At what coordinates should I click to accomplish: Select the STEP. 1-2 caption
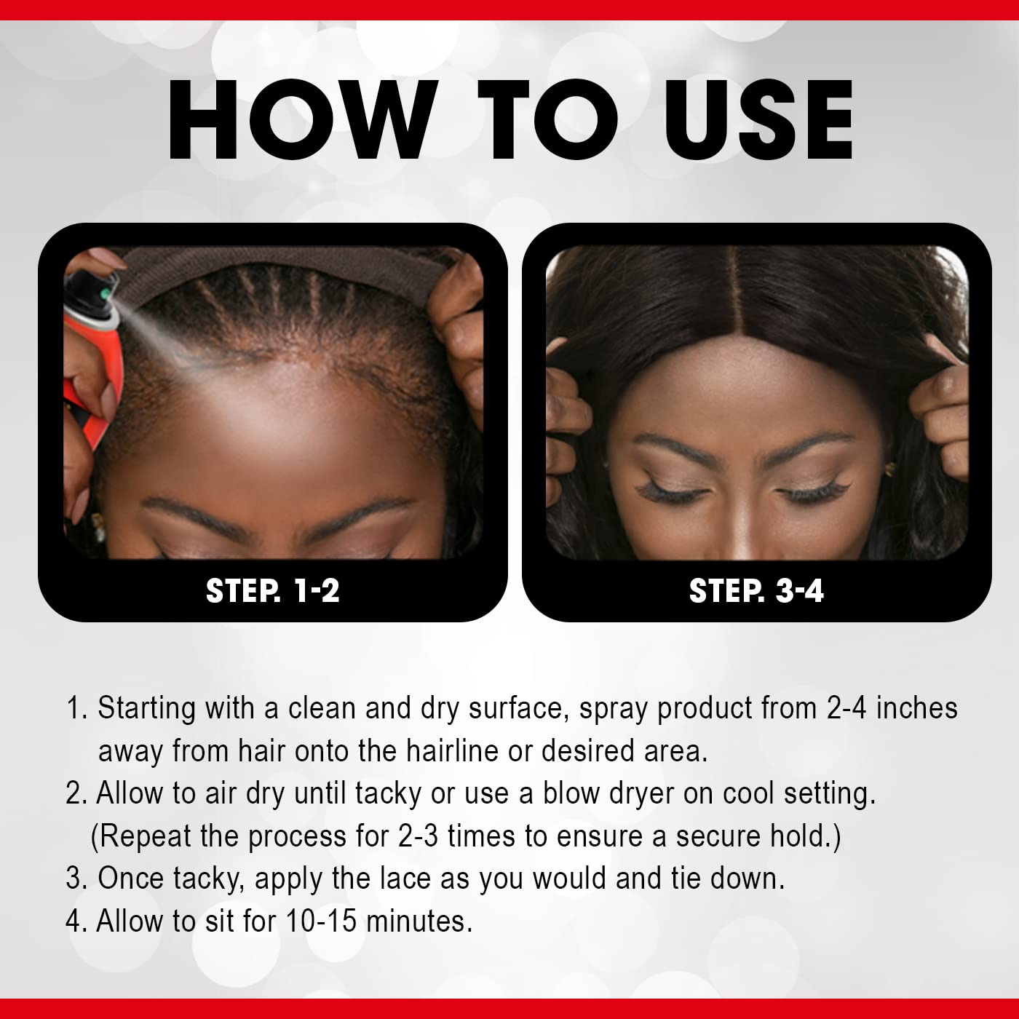tap(273, 590)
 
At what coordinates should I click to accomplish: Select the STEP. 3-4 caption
tap(756, 590)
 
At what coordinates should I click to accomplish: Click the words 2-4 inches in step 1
tap(892, 708)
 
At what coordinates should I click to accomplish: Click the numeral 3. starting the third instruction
tap(76, 879)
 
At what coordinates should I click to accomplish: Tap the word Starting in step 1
tap(146, 708)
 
